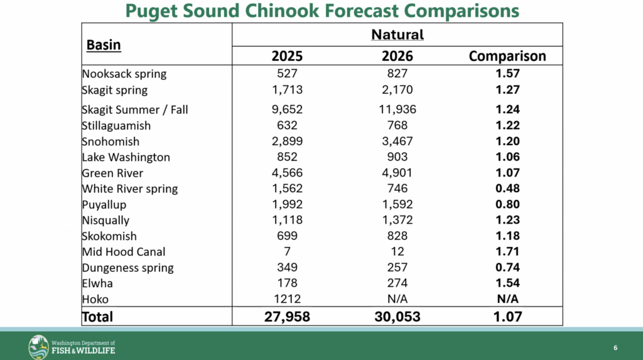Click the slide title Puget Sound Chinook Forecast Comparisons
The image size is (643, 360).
point(321,11)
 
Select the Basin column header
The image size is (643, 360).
point(104,45)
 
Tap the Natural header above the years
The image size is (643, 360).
point(397,34)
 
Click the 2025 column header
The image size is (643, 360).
point(287,56)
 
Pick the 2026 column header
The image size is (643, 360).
point(397,56)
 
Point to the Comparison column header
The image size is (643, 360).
point(507,56)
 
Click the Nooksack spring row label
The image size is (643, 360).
point(124,74)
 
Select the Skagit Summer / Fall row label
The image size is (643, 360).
point(135,110)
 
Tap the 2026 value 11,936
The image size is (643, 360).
point(397,110)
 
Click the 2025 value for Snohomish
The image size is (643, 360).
point(287,141)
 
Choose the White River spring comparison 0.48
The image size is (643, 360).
point(507,188)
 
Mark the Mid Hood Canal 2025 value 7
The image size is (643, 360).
point(287,251)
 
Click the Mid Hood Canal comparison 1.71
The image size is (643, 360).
point(507,251)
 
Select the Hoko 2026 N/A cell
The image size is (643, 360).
point(397,299)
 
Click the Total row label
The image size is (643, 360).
point(97,317)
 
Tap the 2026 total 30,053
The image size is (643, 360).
point(397,317)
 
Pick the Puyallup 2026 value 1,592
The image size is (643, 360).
point(397,204)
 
